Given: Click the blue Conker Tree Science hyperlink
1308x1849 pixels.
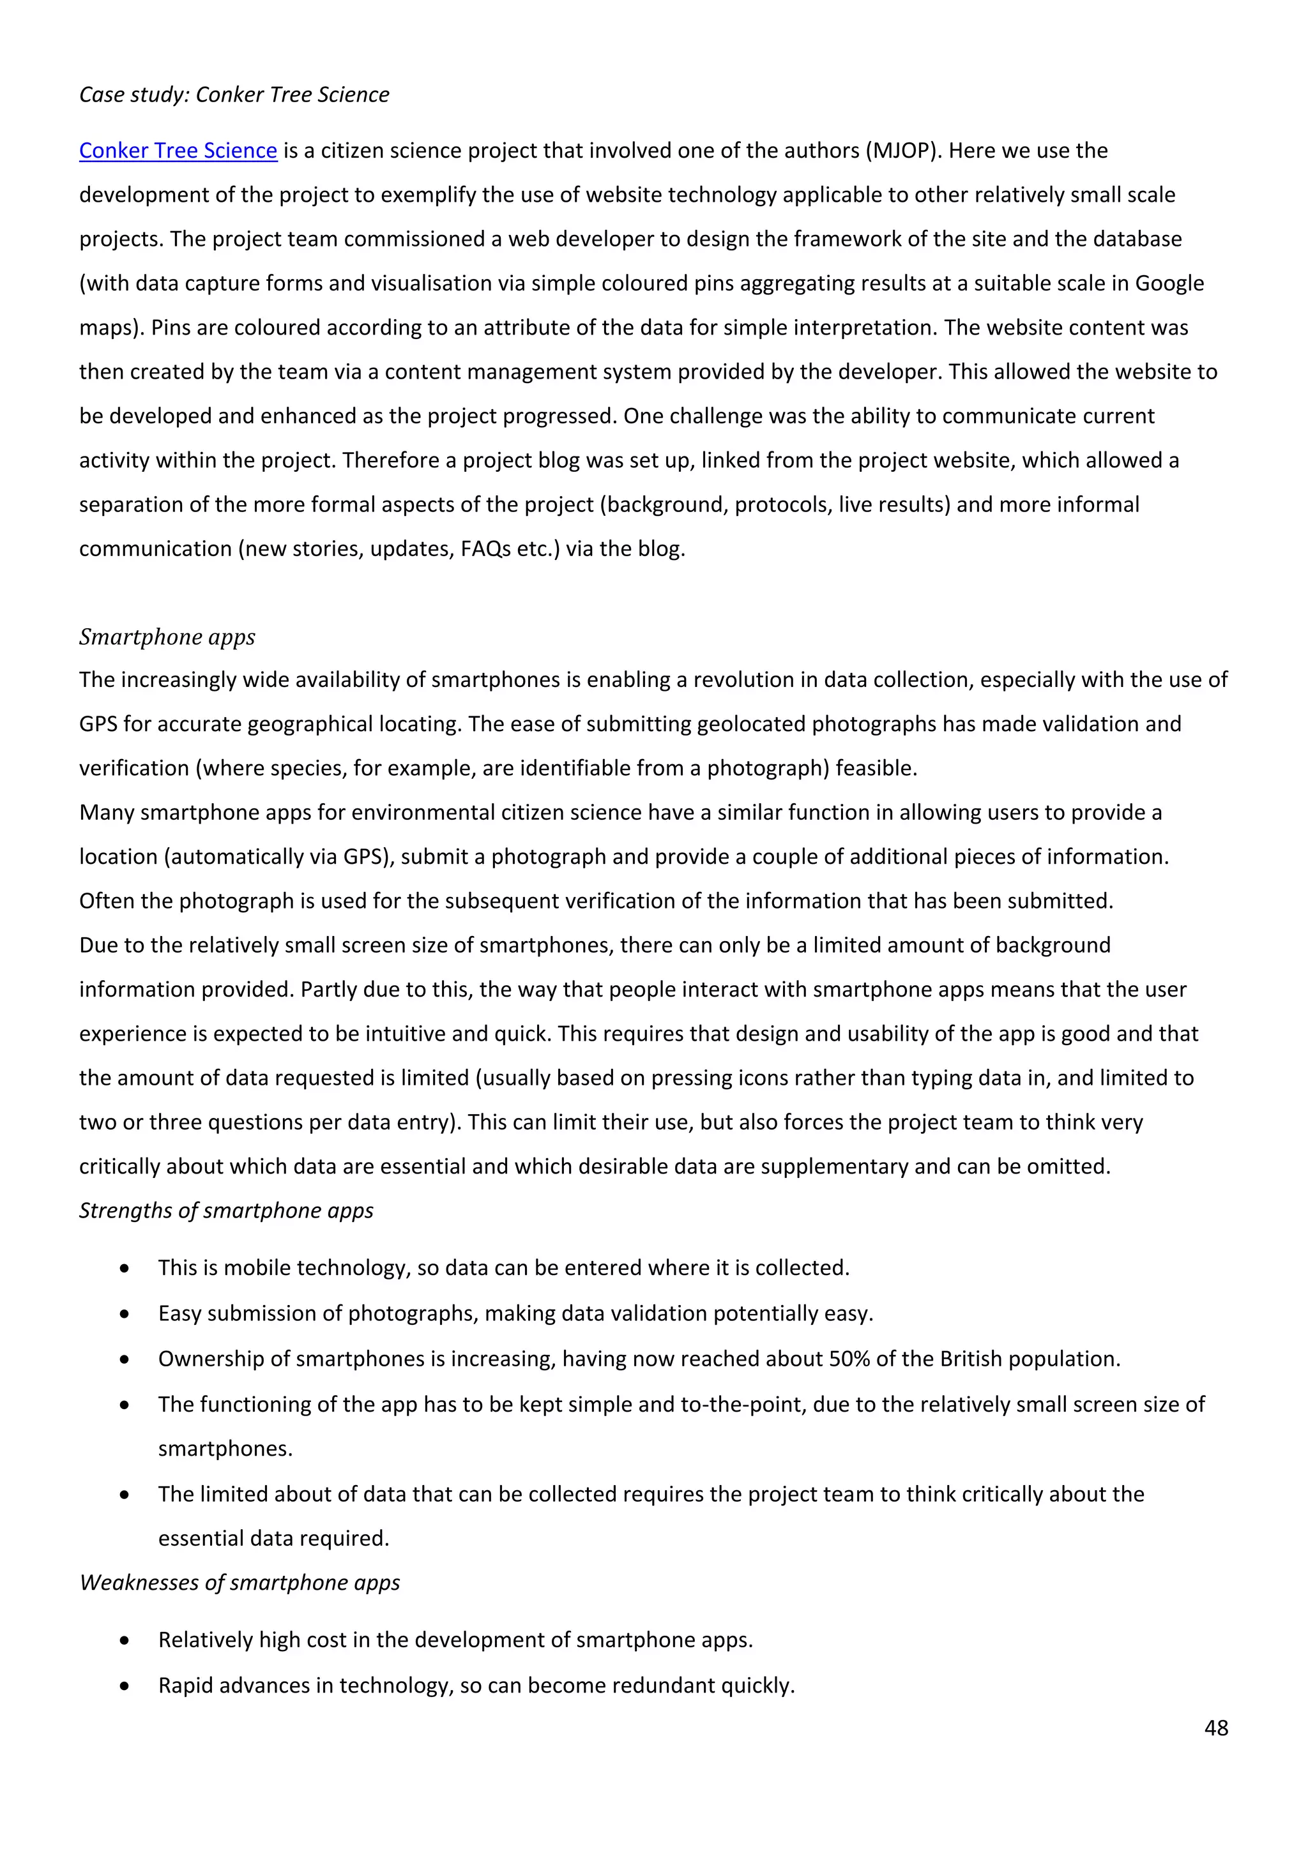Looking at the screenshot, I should [178, 151].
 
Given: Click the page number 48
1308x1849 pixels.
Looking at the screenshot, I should [1215, 1728].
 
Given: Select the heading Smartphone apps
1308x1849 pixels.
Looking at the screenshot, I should [167, 637].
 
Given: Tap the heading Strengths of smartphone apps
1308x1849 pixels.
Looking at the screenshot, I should [226, 1211].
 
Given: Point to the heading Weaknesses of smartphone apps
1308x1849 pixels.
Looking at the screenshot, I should [240, 1583].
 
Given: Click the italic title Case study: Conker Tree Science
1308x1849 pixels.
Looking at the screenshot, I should [234, 95].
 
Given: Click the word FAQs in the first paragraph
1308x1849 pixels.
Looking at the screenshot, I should [485, 549].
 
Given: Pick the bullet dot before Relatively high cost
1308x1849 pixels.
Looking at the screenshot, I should [124, 1640].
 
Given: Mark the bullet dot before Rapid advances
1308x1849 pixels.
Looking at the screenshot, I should [124, 1686].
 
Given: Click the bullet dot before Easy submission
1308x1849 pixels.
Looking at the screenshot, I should [124, 1313].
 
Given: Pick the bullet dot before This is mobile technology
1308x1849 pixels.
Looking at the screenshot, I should [124, 1269].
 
